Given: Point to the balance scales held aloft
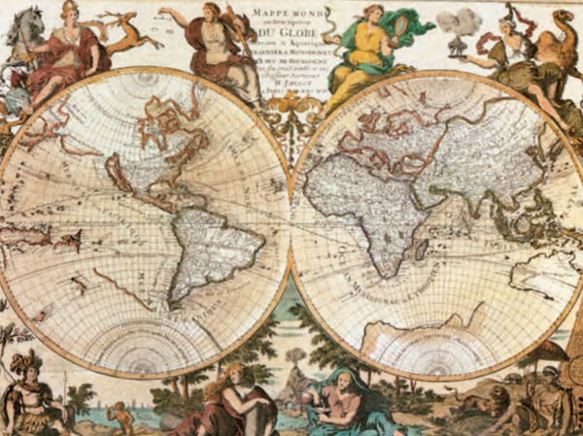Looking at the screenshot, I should (171, 14).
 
